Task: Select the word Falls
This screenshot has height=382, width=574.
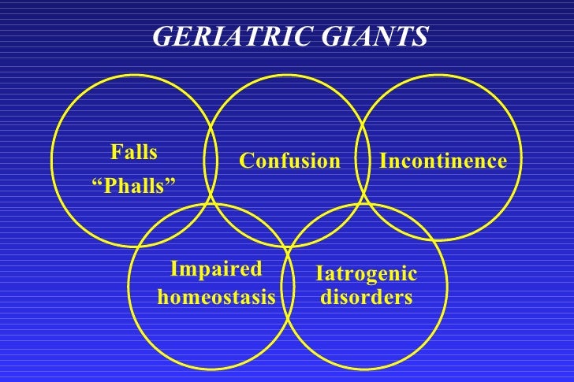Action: (x=134, y=152)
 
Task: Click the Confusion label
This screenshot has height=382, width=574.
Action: (x=289, y=161)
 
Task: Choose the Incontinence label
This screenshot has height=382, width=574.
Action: (x=442, y=161)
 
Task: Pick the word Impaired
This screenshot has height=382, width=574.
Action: (x=216, y=269)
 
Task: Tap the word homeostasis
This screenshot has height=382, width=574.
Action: (x=217, y=298)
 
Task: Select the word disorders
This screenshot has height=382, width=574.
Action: (x=366, y=298)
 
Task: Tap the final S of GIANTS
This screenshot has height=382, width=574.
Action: (x=422, y=35)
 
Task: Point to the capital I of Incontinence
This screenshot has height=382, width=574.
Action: (x=383, y=161)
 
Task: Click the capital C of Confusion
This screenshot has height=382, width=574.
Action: (x=246, y=161)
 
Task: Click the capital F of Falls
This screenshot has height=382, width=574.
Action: (x=116, y=152)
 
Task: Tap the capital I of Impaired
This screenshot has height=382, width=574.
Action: (x=174, y=269)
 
